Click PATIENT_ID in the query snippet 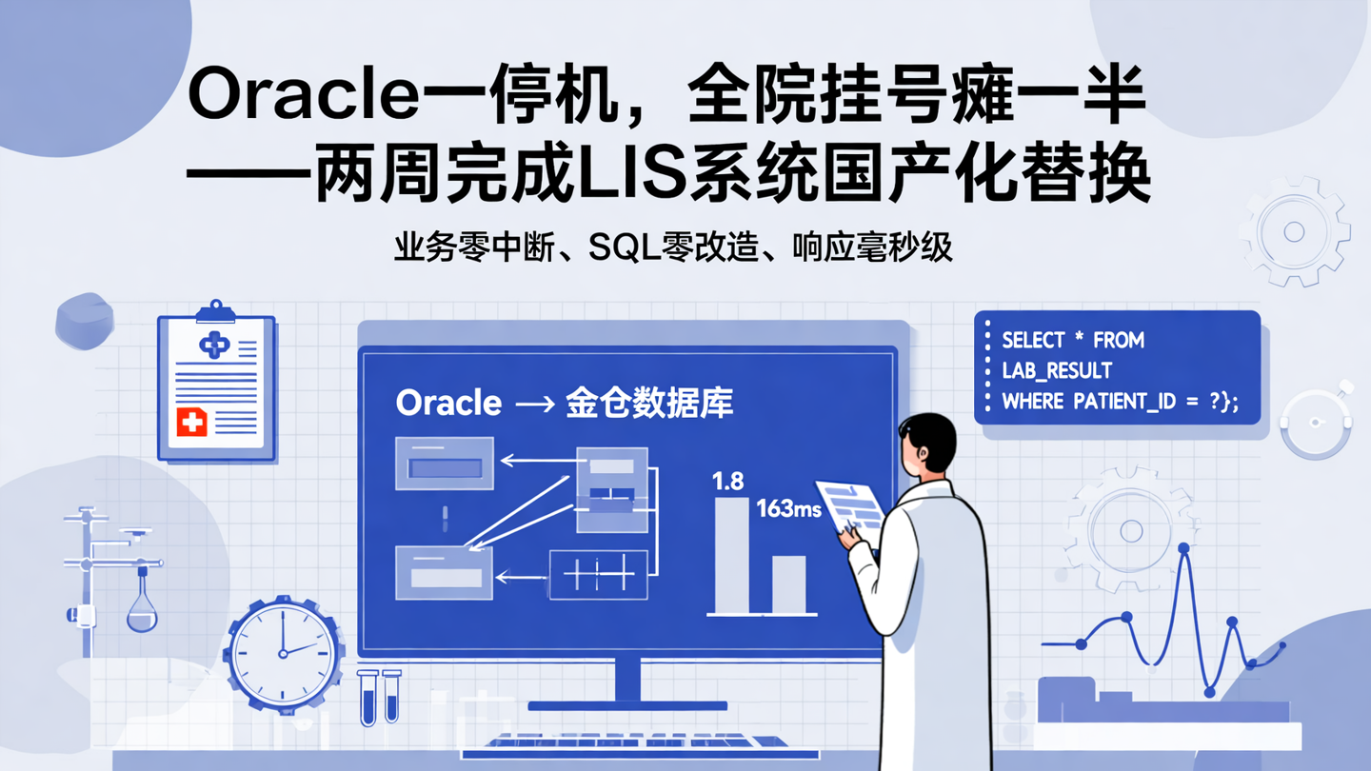click(x=1124, y=401)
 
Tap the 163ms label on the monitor click(x=788, y=509)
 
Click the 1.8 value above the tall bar click(x=727, y=482)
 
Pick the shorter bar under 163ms click(x=788, y=584)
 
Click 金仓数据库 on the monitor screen click(x=649, y=403)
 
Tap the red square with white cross click(x=191, y=421)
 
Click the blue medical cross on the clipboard click(x=214, y=345)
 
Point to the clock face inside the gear click(x=283, y=654)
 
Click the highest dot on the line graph click(x=1183, y=548)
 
